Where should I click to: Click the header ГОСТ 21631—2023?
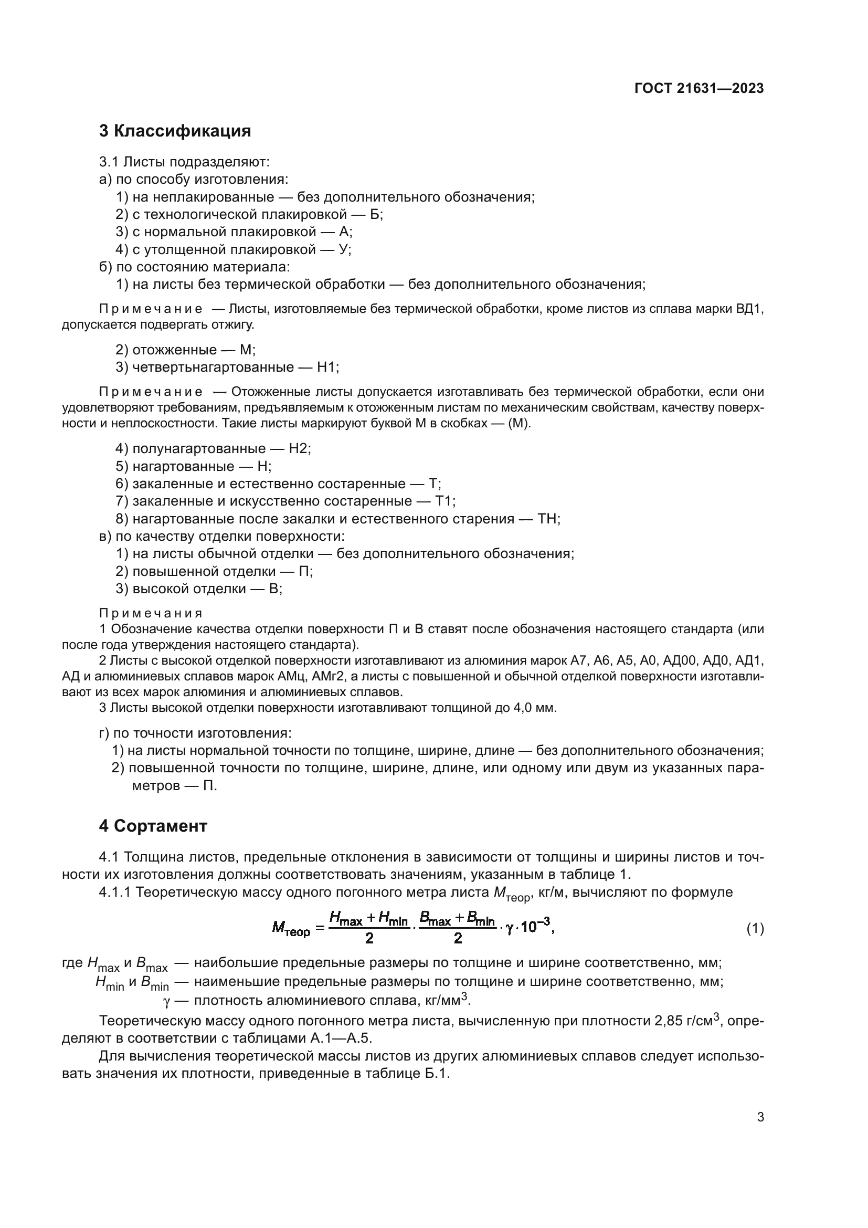699,88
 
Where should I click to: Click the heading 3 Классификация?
175,131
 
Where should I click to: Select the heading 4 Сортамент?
153,826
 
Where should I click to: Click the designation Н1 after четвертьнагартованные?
327,368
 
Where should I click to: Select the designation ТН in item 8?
548,519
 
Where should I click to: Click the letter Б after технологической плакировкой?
374,215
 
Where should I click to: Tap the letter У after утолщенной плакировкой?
344,249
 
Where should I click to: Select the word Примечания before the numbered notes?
151,613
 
